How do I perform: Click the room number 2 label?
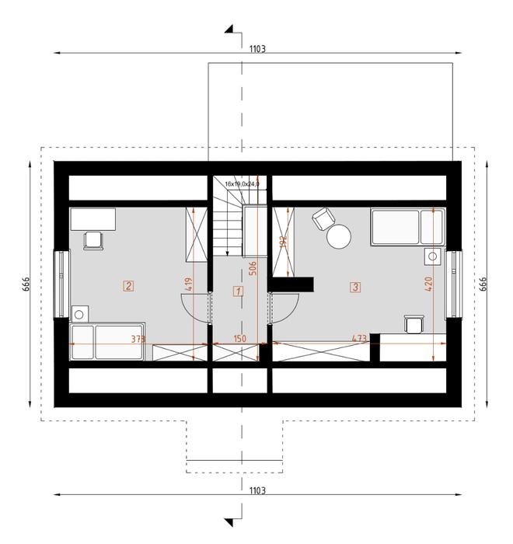[x=128, y=285]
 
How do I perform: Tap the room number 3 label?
[x=355, y=287]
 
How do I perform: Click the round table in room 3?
[x=339, y=237]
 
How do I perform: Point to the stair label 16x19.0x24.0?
[x=242, y=184]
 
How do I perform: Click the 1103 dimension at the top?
[x=257, y=48]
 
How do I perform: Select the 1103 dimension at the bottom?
[x=257, y=490]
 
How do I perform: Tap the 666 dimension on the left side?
[x=26, y=285]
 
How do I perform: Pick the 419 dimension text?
[x=189, y=284]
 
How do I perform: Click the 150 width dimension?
[x=239, y=339]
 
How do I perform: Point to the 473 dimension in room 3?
[x=359, y=339]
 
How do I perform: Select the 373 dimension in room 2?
[x=138, y=339]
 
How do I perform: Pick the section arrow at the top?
[x=231, y=30]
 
